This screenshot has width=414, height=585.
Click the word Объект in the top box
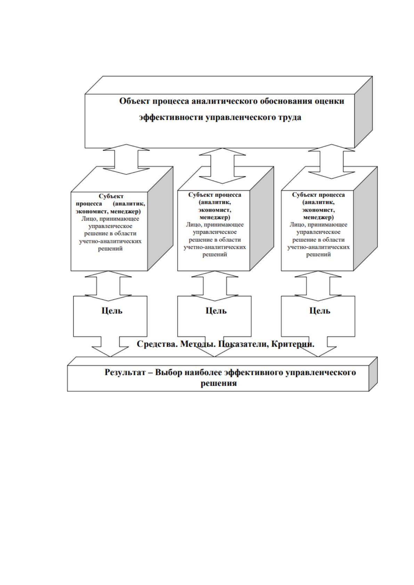[x=135, y=101]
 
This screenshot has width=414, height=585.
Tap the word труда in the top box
[x=289, y=117]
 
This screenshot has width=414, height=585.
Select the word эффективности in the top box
[x=171, y=117]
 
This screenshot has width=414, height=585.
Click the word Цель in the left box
[x=112, y=311]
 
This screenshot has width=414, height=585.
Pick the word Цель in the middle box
[x=216, y=311]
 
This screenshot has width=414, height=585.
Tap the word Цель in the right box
[x=320, y=311]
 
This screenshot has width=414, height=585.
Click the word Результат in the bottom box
[x=125, y=372]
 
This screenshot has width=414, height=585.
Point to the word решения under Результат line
[x=219, y=384]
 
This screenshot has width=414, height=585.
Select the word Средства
[x=157, y=344]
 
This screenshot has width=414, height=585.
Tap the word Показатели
[x=244, y=344]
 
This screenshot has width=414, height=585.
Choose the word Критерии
[x=293, y=344]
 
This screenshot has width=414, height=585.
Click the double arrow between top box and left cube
[x=126, y=159]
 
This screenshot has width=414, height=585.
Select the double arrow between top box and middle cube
[x=222, y=166]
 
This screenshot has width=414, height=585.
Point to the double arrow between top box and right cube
[x=331, y=162]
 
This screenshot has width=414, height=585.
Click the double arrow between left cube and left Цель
[x=108, y=286]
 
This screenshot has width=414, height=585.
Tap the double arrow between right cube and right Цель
[x=318, y=286]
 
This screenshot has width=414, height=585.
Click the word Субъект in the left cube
[x=111, y=196]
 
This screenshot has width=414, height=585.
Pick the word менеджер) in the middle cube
[x=214, y=217]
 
